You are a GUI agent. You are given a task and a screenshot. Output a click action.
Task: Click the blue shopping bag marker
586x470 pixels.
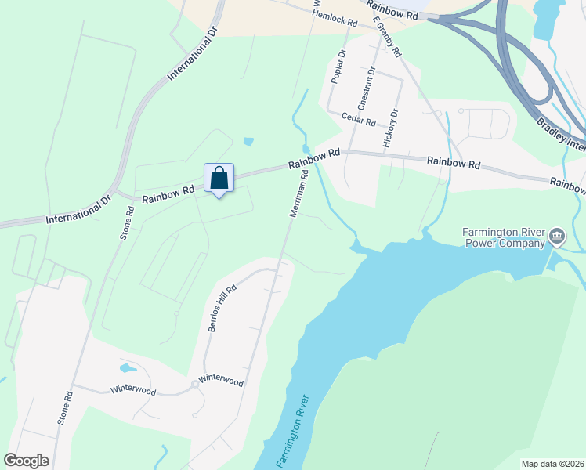[x=219, y=178]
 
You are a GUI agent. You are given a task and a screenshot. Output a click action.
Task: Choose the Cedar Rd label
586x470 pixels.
[x=359, y=119]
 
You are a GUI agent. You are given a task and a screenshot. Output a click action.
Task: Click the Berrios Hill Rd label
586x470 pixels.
[x=222, y=308]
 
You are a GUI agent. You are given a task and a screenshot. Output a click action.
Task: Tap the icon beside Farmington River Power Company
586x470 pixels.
[x=557, y=236]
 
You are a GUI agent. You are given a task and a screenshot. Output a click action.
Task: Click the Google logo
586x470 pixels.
[x=26, y=460]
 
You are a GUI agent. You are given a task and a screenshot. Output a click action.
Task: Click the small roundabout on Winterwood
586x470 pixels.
[x=194, y=384]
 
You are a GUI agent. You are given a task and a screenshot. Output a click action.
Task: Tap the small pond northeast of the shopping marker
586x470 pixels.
[x=248, y=142]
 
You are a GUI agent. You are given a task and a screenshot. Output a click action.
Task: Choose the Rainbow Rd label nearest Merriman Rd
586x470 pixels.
[x=313, y=159]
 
